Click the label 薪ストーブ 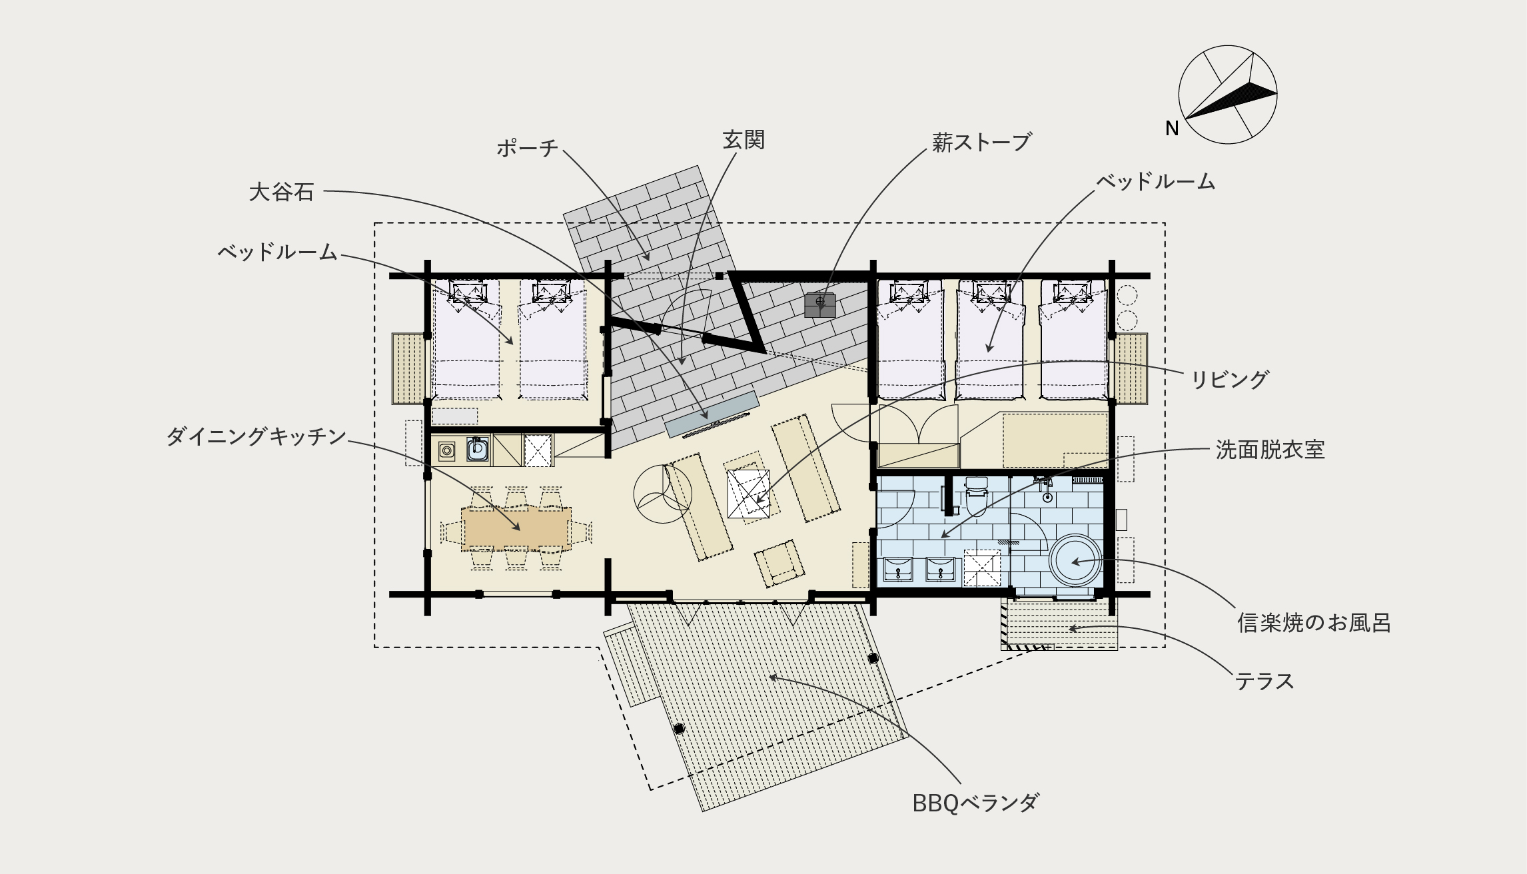click(x=981, y=142)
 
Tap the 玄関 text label click(x=744, y=140)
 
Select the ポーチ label click(x=527, y=148)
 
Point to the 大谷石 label click(x=281, y=193)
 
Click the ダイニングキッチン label click(x=256, y=437)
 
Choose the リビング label click(x=1229, y=379)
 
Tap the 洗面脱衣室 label click(x=1270, y=450)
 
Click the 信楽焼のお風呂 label click(x=1314, y=622)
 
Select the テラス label click(x=1265, y=681)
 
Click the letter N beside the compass click(x=1172, y=129)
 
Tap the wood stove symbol click(x=820, y=304)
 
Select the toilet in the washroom click(x=976, y=496)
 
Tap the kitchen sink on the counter click(x=476, y=450)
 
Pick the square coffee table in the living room click(x=749, y=494)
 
